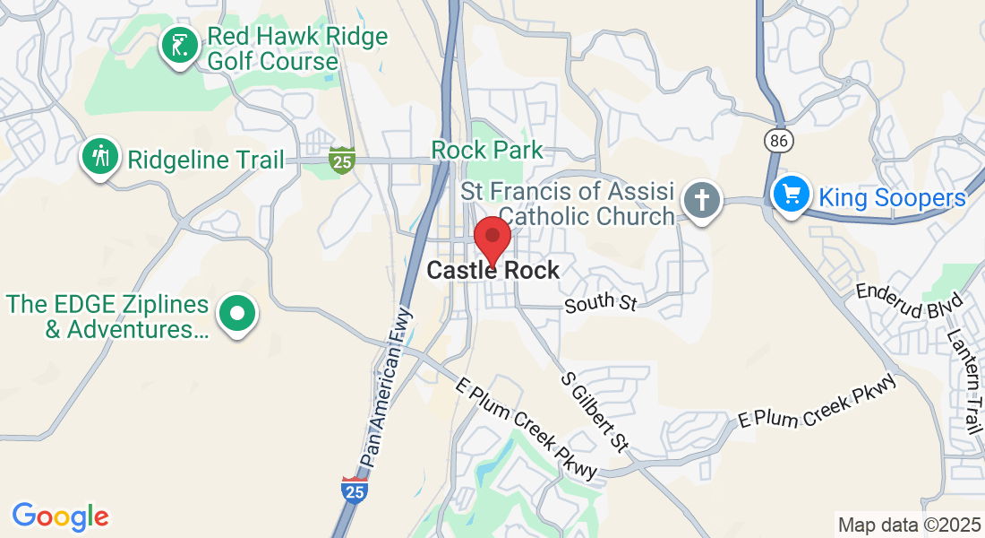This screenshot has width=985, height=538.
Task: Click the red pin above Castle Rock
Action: pos(492,237)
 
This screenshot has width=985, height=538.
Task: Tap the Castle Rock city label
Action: pos(492,270)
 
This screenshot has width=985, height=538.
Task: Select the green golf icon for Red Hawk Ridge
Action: pos(179,46)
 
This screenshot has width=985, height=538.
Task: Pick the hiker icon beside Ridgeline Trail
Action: pos(100,157)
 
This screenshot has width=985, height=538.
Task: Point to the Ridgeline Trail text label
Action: pos(205,161)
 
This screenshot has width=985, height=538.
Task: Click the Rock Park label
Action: pos(487,150)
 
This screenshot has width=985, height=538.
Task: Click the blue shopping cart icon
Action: pos(791,195)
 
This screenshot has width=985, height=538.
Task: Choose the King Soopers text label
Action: pos(893,198)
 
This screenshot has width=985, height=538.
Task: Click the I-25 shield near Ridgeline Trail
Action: pos(341,159)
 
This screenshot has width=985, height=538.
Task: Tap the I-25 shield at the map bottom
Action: pos(355,490)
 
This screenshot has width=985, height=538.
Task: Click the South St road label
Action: pos(600,303)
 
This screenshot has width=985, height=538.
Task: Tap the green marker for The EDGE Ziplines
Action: pos(237,315)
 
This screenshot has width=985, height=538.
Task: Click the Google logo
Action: pos(60,516)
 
